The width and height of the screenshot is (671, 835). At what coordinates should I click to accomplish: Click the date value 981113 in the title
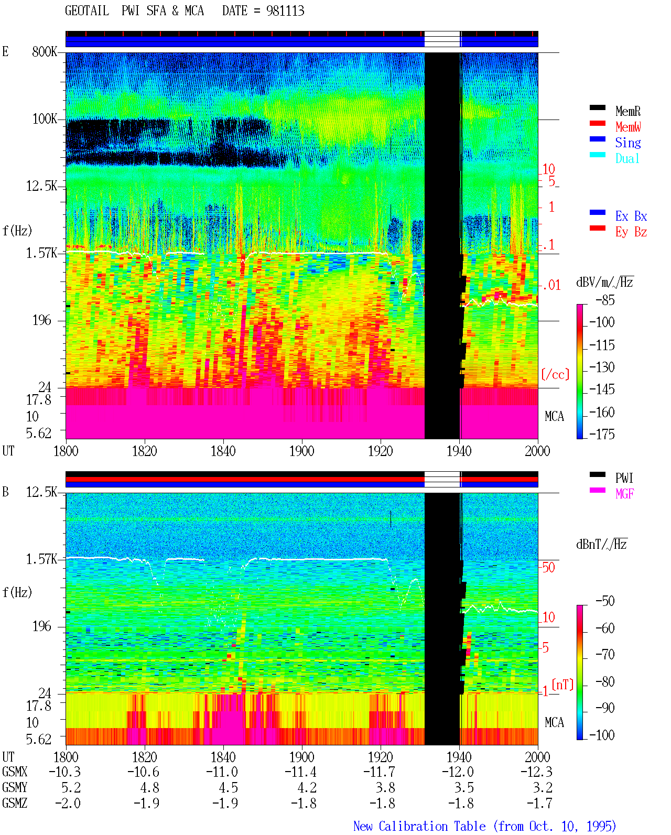point(285,11)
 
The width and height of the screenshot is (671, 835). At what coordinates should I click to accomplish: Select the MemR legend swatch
point(597,107)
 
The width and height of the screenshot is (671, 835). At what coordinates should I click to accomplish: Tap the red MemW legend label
point(628,127)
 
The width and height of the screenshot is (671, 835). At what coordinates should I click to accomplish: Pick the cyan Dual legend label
point(627,158)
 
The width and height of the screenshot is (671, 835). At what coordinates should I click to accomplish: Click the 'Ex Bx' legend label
point(631,216)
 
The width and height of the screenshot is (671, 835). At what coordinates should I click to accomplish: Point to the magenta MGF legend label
point(624,494)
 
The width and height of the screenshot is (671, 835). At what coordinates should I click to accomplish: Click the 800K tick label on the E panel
point(45,51)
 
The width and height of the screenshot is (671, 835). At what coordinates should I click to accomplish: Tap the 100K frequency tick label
point(45,119)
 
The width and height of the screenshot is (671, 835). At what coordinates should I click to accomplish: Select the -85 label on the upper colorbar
point(605,300)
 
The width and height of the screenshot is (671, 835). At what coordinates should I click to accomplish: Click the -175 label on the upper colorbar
point(602,434)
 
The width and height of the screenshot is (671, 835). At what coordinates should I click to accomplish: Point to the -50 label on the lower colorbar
point(605,601)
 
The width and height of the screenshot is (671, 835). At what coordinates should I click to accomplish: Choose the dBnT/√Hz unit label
point(601,544)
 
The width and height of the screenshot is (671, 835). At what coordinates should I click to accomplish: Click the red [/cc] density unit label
point(555,374)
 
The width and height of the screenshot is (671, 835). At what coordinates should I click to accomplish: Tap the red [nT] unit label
point(562,684)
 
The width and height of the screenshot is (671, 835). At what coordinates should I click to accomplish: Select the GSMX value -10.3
point(65,772)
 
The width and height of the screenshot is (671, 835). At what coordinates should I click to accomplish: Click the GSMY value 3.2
point(543,788)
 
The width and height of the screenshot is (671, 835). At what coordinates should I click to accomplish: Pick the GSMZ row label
point(15,803)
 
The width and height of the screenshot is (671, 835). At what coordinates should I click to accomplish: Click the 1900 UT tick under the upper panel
point(301,451)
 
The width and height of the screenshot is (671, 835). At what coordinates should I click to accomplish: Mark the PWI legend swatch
point(597,474)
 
